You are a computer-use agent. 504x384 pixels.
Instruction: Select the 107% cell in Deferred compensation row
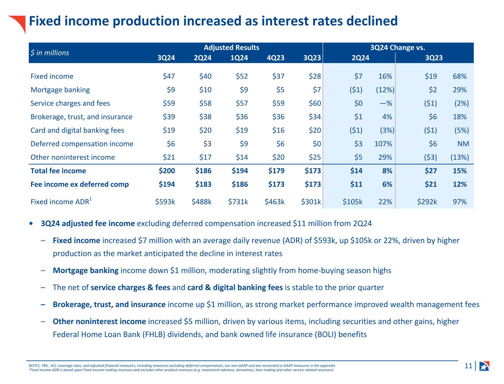point(385,144)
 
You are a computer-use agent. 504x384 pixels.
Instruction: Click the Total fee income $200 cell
point(167,171)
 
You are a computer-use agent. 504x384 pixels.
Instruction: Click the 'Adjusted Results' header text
point(232,48)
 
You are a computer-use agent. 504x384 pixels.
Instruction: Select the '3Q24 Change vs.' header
point(398,48)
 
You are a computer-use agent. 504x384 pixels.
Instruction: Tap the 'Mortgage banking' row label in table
point(60,90)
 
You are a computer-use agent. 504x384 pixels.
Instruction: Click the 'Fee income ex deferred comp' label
point(80,184)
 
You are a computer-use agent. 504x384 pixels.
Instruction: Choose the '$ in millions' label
point(50,53)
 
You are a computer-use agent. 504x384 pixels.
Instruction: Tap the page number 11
point(468,366)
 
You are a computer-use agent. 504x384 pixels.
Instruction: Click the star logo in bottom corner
point(484,366)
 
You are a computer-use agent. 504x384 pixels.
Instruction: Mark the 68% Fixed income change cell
point(460,76)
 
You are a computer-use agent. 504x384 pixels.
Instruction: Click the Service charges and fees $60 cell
point(315,103)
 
